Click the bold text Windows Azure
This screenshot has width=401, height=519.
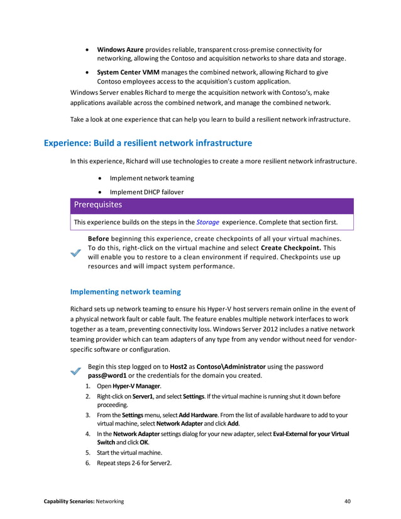[x=120, y=50]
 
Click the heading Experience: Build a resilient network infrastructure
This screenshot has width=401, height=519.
[x=148, y=143]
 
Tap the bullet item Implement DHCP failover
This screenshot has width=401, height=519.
[x=146, y=192]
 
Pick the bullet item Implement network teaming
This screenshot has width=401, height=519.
[x=151, y=178]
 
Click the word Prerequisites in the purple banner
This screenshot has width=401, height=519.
[x=98, y=205]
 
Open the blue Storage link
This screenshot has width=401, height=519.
[x=207, y=222]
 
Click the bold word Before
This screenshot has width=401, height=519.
[x=99, y=239]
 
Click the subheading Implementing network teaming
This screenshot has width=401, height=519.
[x=125, y=292]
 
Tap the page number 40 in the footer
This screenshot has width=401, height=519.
[x=348, y=501]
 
